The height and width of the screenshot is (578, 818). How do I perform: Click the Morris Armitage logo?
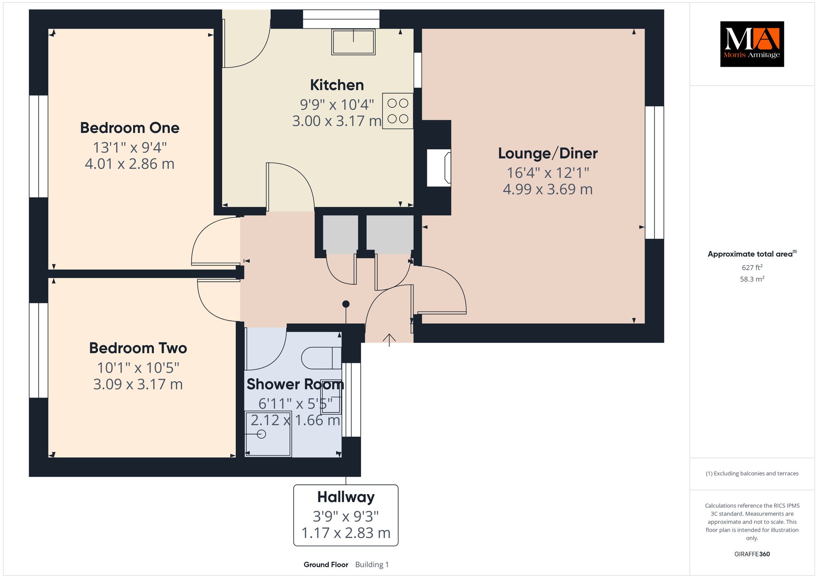pyautogui.click(x=752, y=44)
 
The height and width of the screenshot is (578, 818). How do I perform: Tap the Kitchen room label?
pyautogui.click(x=337, y=85)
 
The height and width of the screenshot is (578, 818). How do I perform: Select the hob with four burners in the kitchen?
pyautogui.click(x=398, y=111)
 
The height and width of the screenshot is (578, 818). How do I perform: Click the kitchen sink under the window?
pyautogui.click(x=353, y=42)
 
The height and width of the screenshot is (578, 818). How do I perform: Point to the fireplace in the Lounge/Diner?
pyautogui.click(x=439, y=168)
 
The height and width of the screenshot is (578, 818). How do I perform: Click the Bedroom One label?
pyautogui.click(x=130, y=128)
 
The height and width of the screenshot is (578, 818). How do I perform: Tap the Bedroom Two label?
pyautogui.click(x=138, y=348)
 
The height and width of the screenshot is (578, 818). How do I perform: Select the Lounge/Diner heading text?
pyautogui.click(x=548, y=154)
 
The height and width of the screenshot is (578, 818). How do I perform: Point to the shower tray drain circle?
pyautogui.click(x=262, y=434)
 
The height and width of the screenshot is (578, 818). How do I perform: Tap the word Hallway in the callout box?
pyautogui.click(x=346, y=497)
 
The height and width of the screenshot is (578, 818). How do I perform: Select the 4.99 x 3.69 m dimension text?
pyautogui.click(x=548, y=189)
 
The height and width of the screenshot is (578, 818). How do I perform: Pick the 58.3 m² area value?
pyautogui.click(x=752, y=279)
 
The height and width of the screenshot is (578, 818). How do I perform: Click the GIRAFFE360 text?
pyautogui.click(x=752, y=554)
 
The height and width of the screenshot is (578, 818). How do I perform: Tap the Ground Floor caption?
pyautogui.click(x=326, y=564)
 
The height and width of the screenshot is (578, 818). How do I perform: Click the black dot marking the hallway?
pyautogui.click(x=346, y=304)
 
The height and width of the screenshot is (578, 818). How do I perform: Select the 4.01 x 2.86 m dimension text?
pyautogui.click(x=130, y=164)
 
